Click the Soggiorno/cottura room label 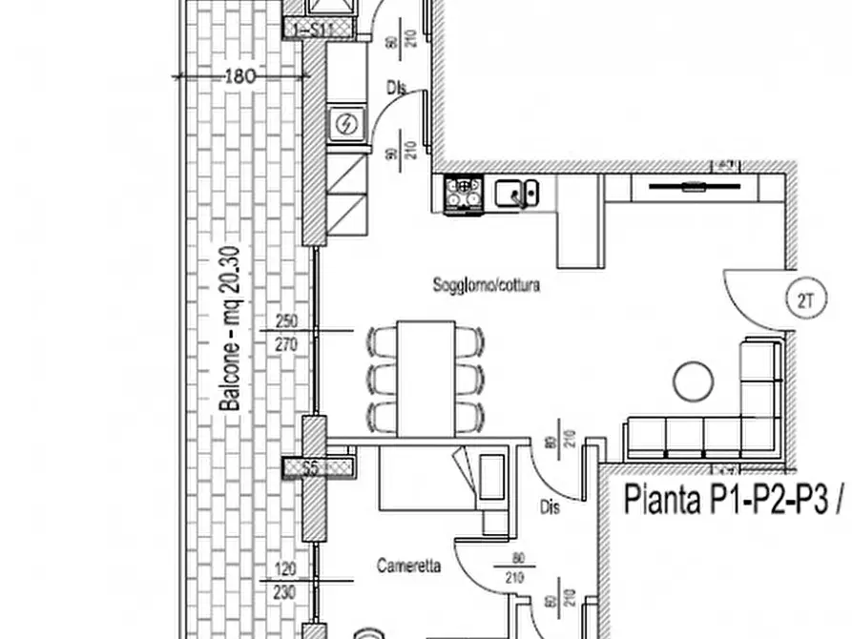pyautogui.click(x=486, y=284)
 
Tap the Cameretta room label pyautogui.click(x=408, y=566)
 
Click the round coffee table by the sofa pyautogui.click(x=694, y=382)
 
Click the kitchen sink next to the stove pyautogui.click(x=516, y=194)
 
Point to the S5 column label pyautogui.click(x=309, y=468)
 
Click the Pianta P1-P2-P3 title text pyautogui.click(x=730, y=499)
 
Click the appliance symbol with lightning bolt pyautogui.click(x=345, y=124)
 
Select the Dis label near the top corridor pyautogui.click(x=396, y=88)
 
